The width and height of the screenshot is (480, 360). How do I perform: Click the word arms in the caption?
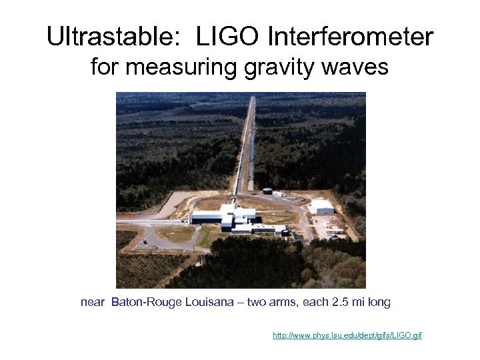283,303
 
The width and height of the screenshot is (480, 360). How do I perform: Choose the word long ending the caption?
379,303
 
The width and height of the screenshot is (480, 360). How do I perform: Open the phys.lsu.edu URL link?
347,335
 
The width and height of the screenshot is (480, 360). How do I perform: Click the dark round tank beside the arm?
267,191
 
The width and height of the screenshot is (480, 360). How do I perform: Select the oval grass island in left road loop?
175,234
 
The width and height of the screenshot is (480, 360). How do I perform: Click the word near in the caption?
93,303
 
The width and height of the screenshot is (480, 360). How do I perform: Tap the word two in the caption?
256,303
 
